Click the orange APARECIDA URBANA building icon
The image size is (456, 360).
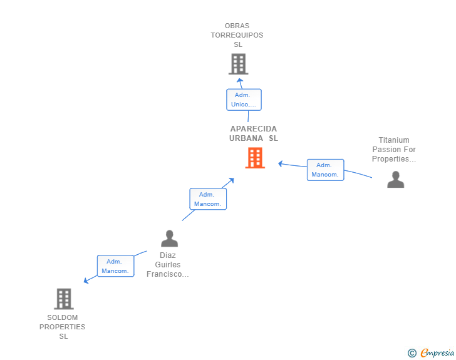coord(254,158)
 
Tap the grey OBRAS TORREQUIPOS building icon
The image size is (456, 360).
coord(238,64)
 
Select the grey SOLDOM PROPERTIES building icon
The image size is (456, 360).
coord(63,299)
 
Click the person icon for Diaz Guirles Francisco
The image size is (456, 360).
coord(169,239)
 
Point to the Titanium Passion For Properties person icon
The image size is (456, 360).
coord(395,180)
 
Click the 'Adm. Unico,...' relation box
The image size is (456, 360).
coord(244,100)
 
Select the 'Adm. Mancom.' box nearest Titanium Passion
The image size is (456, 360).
coord(325,170)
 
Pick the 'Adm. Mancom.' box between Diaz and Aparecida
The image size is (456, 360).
coord(208,199)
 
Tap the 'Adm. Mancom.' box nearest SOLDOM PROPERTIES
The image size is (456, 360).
coord(115,266)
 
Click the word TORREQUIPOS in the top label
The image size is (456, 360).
coord(237,35)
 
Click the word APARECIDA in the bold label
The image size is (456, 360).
coord(253,129)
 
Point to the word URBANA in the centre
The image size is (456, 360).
coord(246,138)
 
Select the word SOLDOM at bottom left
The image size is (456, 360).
coord(63,317)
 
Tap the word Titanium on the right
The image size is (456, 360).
coord(394,140)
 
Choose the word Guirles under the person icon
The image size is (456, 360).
coord(167,265)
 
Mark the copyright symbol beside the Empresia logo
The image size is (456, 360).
coord(412,353)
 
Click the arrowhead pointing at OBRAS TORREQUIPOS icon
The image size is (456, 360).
coord(239,80)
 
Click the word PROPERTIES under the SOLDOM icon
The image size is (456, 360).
coord(63,327)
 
